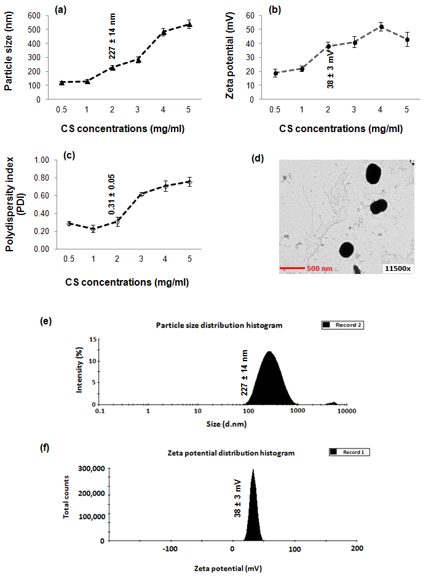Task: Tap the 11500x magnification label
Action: click(396, 268)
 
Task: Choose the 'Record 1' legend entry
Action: click(349, 452)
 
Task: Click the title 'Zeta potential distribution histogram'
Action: click(231, 453)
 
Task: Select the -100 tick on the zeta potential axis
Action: click(170, 549)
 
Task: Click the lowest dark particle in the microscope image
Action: click(346, 249)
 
